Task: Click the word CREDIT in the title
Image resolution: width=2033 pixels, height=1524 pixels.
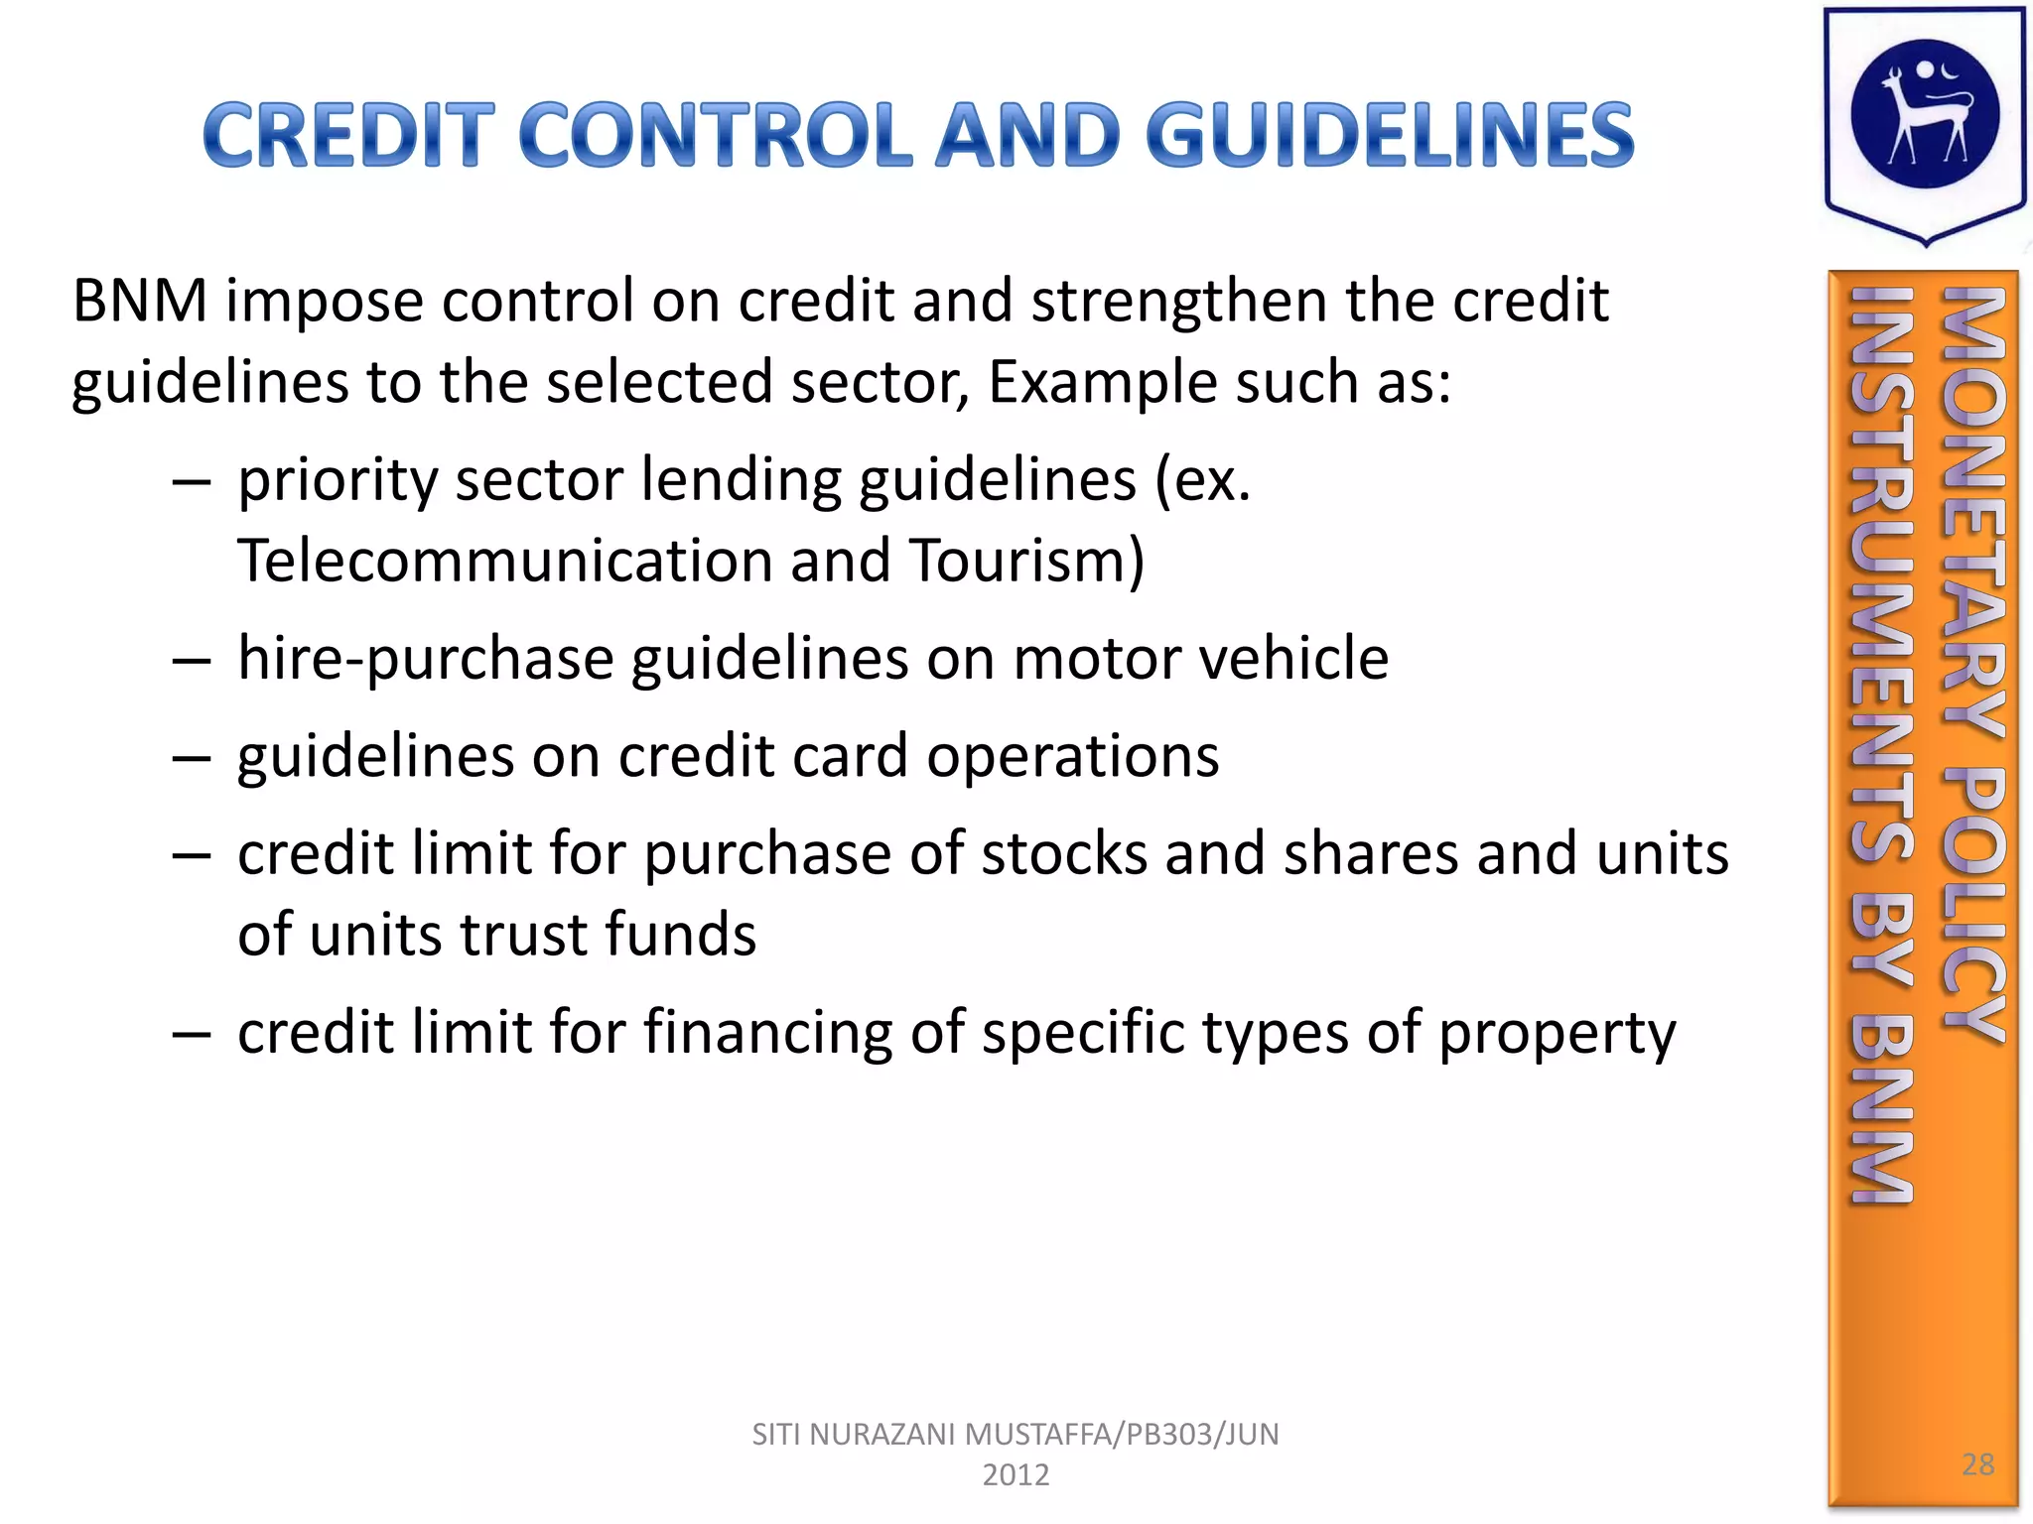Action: pos(348,135)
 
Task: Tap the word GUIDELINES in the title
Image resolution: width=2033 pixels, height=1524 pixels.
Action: pos(1390,135)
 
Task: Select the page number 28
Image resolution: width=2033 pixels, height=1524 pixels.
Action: pos(1977,1463)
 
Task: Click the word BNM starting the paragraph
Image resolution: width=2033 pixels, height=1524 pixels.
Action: pos(140,301)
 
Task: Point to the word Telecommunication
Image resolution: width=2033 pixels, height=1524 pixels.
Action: pos(504,561)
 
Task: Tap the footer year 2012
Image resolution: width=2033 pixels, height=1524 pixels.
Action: pos(1016,1475)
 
